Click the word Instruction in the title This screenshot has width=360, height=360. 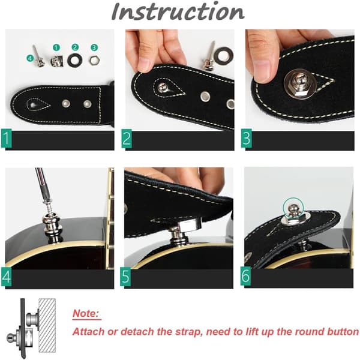click(178, 11)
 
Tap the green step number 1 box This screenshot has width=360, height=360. click(6, 139)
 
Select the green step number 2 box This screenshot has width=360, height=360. click(127, 139)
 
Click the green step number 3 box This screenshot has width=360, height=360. click(247, 138)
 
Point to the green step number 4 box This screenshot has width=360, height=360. click(6, 277)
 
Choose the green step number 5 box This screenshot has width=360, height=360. click(125, 277)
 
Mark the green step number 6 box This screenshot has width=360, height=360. click(245, 276)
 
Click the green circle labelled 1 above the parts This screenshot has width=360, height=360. click(56, 48)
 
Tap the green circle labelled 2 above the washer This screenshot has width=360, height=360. click(75, 47)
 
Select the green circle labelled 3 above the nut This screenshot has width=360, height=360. click(94, 47)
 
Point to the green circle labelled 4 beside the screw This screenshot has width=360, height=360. click(30, 58)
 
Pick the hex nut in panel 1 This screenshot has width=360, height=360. click(94, 61)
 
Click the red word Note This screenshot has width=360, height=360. click(86, 313)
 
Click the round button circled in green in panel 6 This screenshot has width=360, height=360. click(293, 209)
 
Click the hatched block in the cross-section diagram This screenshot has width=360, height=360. click(47, 325)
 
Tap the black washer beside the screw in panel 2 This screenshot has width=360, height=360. click(224, 56)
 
